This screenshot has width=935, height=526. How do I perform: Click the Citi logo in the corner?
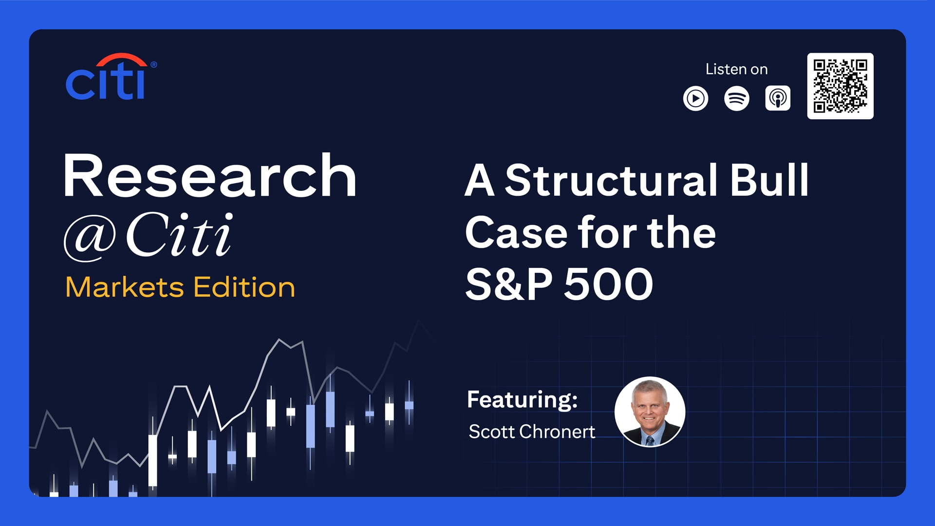[111, 76]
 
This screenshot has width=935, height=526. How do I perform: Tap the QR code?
[840, 86]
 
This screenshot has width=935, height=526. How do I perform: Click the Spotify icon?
[736, 98]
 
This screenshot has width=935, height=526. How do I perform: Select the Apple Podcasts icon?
[778, 98]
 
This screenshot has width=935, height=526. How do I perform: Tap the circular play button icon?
[695, 98]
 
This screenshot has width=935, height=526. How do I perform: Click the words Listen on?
[736, 69]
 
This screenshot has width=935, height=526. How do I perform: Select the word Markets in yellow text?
[125, 287]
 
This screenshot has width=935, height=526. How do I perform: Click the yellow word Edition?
[244, 287]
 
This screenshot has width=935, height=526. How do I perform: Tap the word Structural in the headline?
[611, 180]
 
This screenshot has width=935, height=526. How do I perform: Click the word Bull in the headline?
[769, 180]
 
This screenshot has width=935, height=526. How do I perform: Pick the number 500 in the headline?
[608, 284]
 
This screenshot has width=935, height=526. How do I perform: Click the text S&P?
[509, 284]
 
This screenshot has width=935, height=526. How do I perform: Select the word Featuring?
[523, 400]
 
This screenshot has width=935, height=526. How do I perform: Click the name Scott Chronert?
[532, 432]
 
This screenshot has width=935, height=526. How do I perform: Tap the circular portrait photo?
[650, 412]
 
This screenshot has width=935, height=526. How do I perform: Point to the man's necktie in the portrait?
[650, 441]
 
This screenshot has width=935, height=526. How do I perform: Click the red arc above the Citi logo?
[121, 59]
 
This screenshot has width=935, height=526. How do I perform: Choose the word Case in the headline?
[516, 233]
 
